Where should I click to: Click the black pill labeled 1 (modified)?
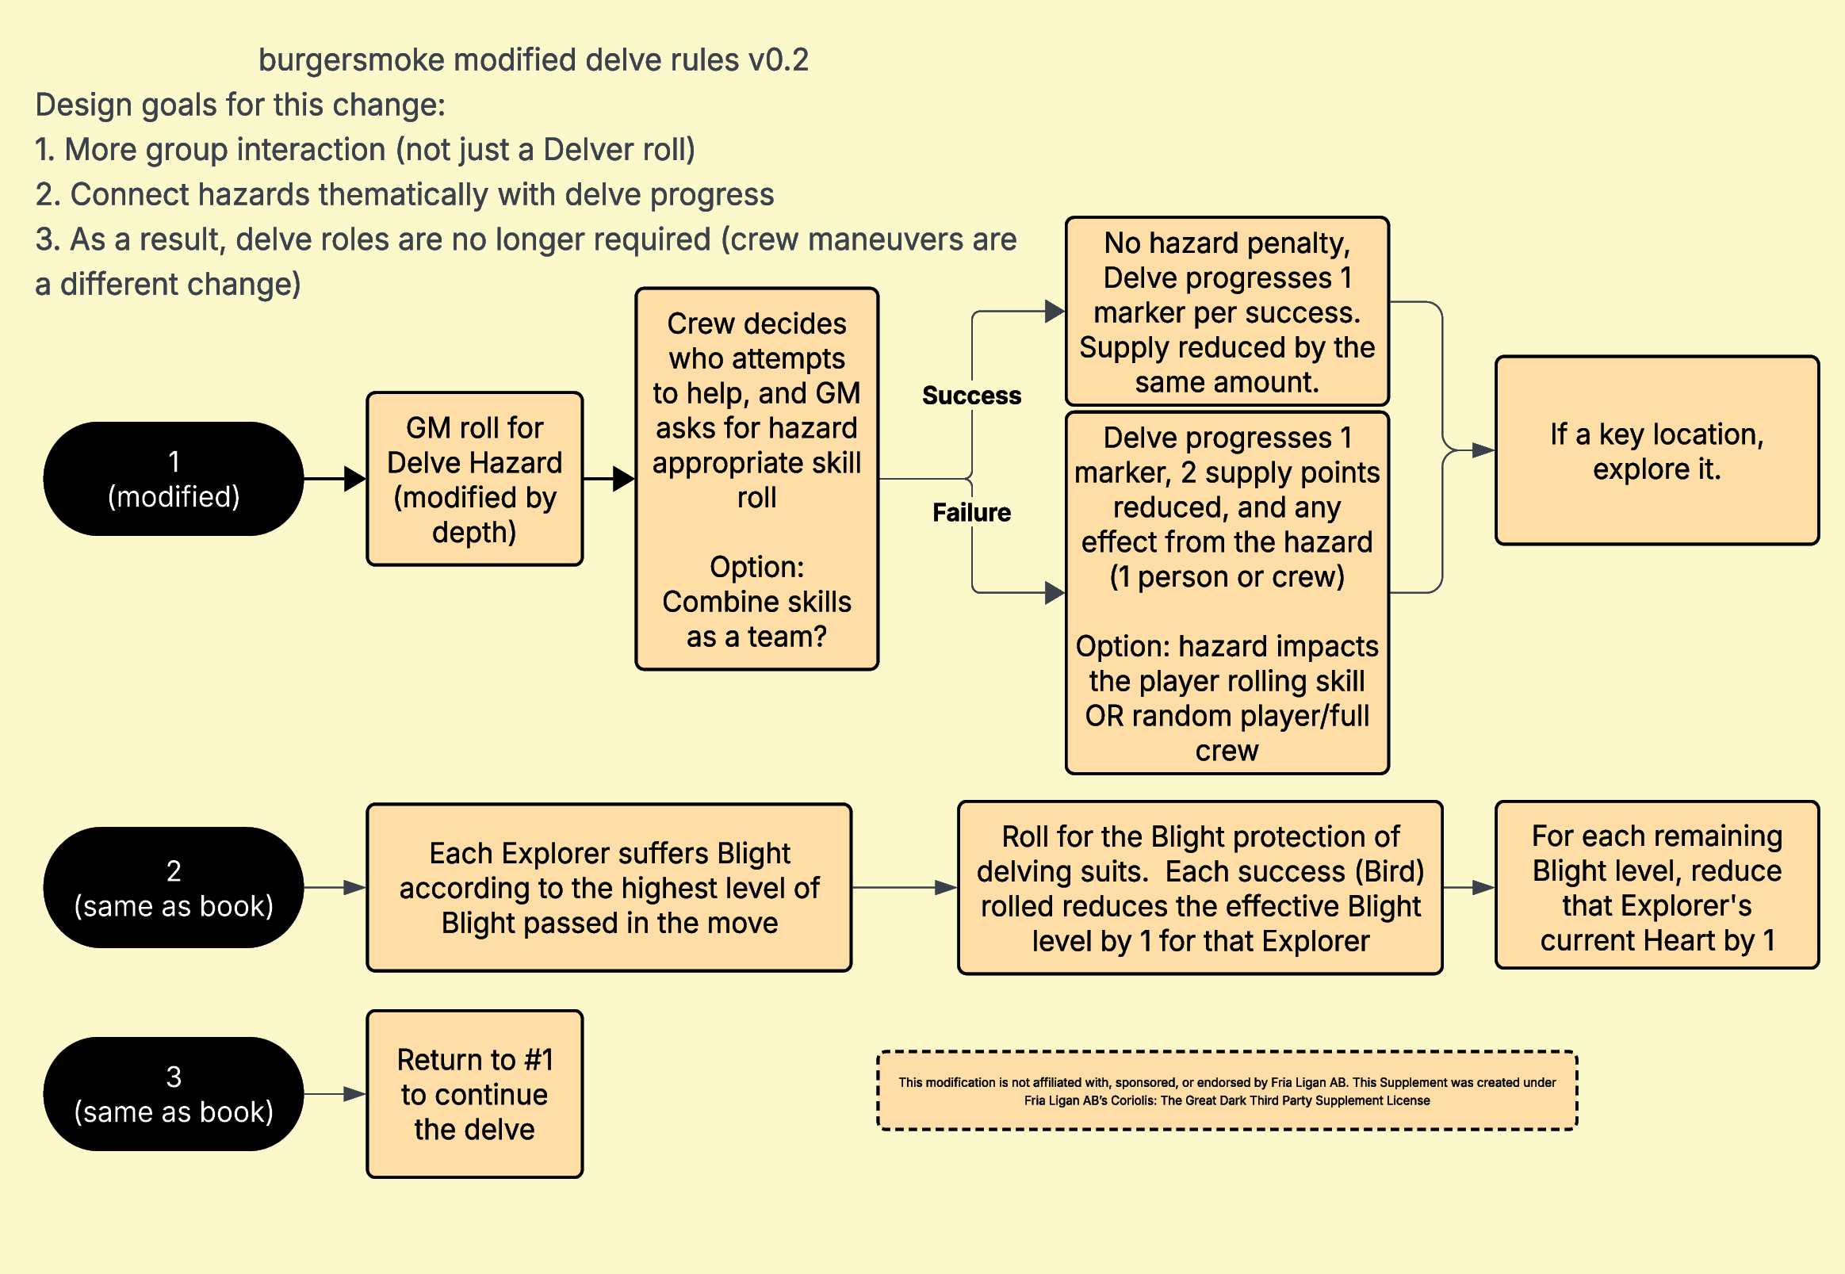174,478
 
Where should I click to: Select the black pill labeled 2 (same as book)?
174,888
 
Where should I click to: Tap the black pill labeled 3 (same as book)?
174,1093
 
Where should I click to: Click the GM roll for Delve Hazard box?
475,479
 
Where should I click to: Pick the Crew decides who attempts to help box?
757,479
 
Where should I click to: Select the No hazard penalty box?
1227,312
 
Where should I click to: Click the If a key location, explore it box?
1656,451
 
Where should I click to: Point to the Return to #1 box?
475,1093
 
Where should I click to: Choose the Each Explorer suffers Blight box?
609,888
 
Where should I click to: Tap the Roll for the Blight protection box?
1200,888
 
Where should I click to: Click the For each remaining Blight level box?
1656,886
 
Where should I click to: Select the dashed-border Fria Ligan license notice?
1227,1090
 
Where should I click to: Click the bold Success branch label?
971,395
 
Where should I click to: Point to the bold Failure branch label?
971,511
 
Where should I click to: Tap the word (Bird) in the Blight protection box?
1390,871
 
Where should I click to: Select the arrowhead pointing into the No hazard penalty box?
1055,312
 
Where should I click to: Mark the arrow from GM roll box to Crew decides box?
609,479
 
